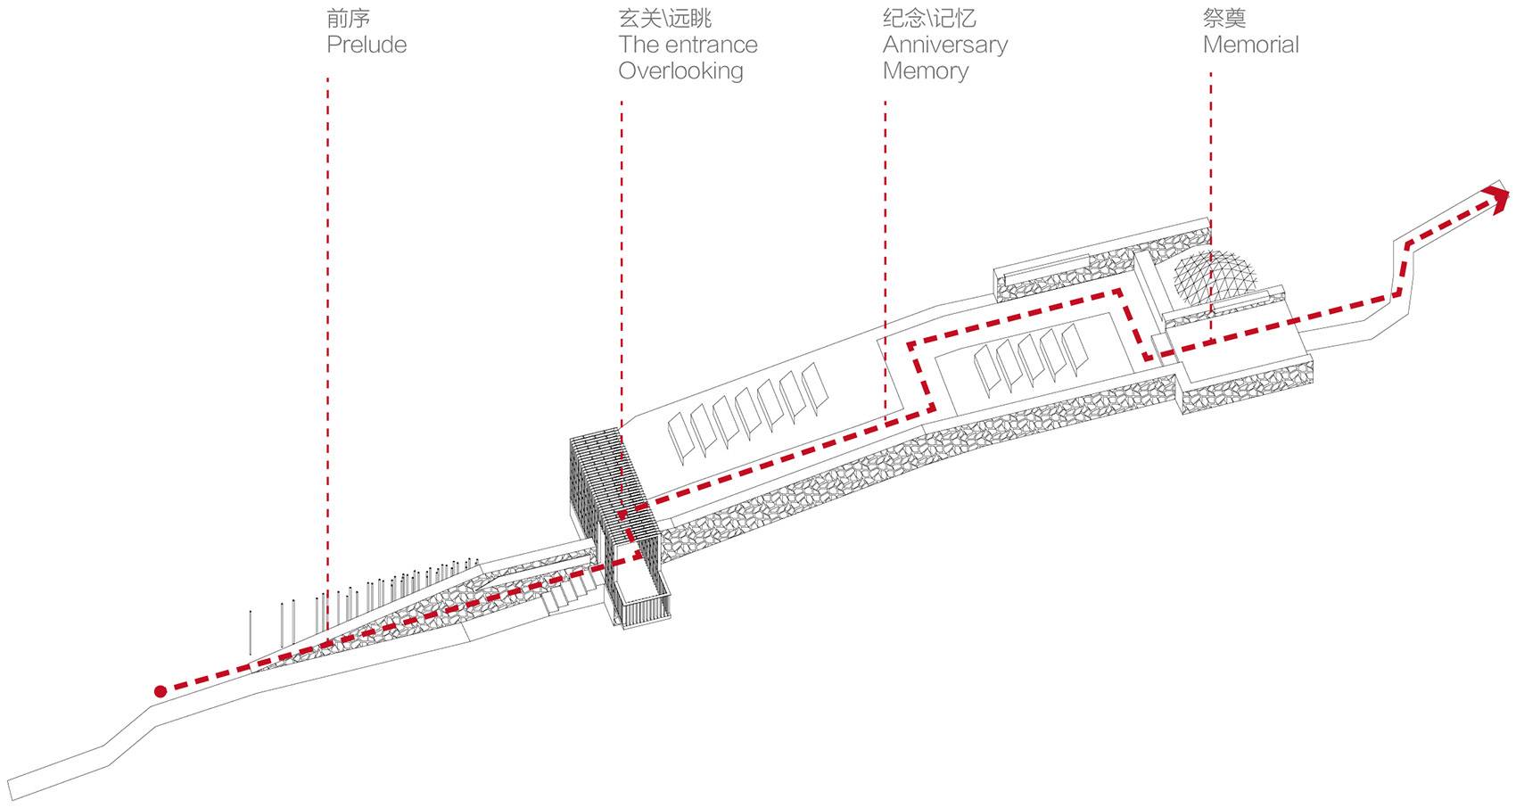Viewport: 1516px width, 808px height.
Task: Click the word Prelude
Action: (x=367, y=45)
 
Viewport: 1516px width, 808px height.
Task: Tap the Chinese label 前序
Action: (x=348, y=18)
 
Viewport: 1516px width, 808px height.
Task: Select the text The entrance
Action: (x=688, y=45)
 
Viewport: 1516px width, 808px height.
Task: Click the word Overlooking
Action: (x=680, y=70)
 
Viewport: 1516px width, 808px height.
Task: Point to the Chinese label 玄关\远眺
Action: (x=664, y=18)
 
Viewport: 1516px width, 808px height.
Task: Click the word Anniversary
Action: (x=945, y=45)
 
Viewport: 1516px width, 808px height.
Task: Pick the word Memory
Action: (x=925, y=70)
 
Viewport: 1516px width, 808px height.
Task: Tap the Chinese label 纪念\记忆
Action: (x=929, y=18)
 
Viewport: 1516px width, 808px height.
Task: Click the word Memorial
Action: (x=1250, y=45)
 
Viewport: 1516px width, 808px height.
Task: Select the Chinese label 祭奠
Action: (x=1224, y=18)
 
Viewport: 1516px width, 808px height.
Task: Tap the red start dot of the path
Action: (x=161, y=691)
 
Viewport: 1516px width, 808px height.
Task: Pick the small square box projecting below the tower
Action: (x=640, y=598)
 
